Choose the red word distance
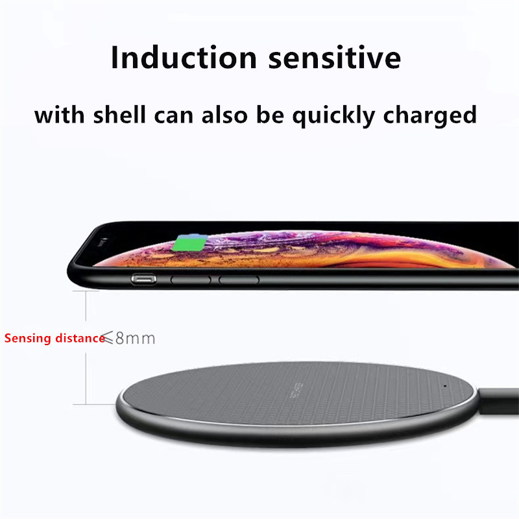coord(79,338)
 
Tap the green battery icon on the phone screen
coord(188,245)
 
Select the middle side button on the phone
coord(190,280)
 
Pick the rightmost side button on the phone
coord(239,280)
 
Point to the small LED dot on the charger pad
coord(446,387)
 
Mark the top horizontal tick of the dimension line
coord(86,291)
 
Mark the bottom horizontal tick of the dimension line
coord(86,405)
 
